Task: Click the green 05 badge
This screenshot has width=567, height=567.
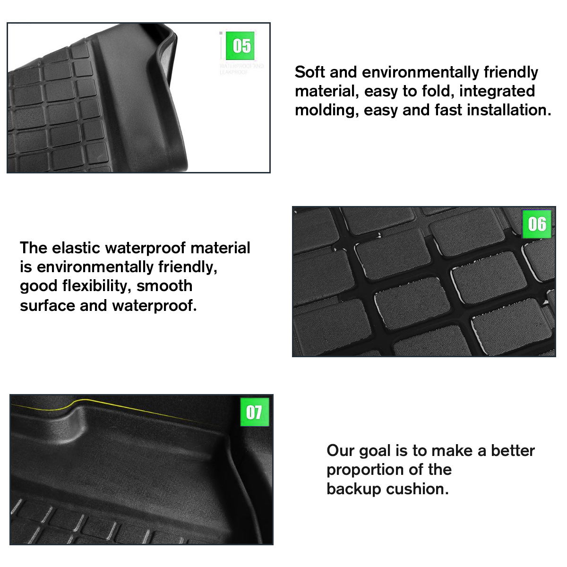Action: click(x=241, y=46)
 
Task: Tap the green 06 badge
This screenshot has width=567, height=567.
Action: click(x=537, y=224)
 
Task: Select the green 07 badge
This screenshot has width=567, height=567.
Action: click(x=254, y=412)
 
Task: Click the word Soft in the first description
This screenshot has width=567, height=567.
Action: click(x=310, y=72)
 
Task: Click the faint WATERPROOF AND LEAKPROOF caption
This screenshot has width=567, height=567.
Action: click(x=241, y=69)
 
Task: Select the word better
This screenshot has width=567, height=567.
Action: click(x=513, y=451)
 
